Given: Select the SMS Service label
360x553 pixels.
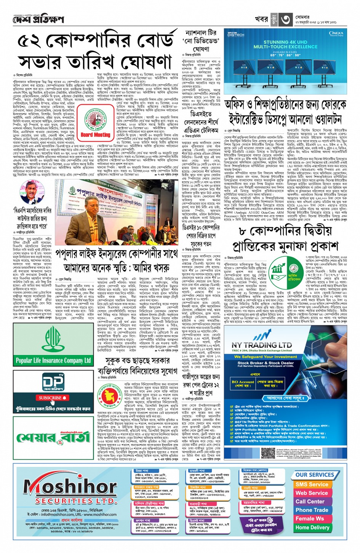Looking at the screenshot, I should point(312,484).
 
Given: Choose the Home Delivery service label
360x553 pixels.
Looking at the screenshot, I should point(312,527).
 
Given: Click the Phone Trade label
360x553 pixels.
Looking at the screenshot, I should point(312,510).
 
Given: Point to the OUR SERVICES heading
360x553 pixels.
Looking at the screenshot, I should point(314,475).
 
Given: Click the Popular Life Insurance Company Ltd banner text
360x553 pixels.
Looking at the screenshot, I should point(53,360).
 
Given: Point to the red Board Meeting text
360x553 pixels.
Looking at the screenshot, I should point(95,135).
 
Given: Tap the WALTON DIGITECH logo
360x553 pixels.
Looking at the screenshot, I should point(236,34).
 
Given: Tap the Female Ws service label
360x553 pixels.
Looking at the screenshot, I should point(310,519).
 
